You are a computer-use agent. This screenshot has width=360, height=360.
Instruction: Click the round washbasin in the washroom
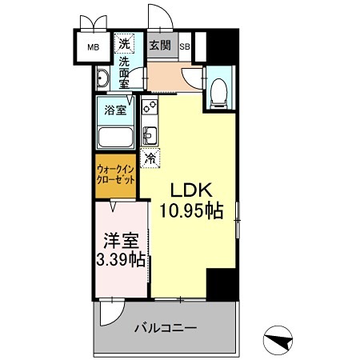102,78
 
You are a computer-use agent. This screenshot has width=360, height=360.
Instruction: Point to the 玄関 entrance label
160,45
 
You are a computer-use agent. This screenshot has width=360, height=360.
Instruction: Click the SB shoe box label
184,46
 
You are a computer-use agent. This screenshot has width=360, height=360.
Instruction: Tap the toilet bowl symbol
221,91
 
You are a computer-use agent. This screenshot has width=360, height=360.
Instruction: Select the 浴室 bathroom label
115,110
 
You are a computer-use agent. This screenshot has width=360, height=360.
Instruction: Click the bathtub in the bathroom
117,136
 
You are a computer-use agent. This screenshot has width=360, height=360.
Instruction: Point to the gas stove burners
149,106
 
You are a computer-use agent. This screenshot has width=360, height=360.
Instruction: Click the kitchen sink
149,133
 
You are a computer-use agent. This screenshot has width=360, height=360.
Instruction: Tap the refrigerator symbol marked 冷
149,158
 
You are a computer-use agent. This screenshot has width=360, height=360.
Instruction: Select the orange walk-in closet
117,174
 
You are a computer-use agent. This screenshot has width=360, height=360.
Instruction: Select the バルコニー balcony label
165,327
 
